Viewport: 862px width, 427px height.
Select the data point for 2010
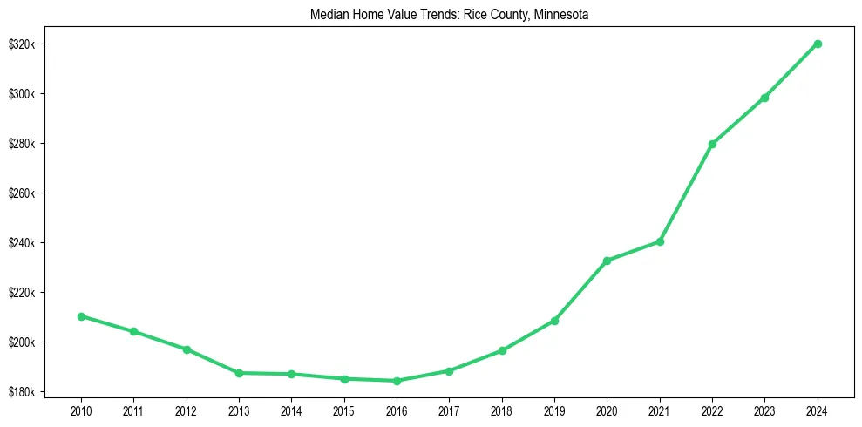81,316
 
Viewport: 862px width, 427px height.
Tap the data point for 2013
239,373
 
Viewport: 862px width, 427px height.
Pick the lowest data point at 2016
397,381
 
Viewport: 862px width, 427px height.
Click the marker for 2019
554,321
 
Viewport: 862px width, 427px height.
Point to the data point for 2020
607,261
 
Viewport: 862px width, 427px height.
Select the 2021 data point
660,241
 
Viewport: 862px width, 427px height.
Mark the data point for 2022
712,144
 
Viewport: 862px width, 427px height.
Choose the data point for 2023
764,98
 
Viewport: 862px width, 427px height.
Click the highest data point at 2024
818,44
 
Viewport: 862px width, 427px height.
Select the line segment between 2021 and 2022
686,193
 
